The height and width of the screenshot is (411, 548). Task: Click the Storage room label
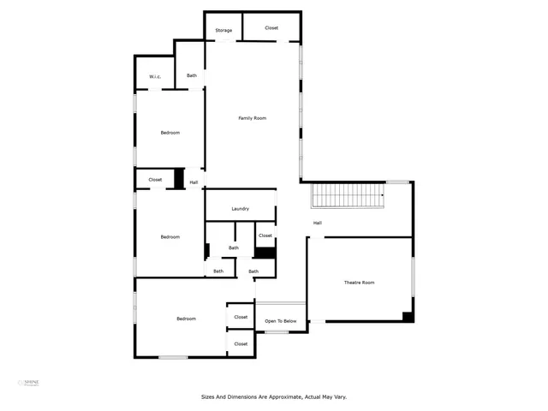[x=223, y=31]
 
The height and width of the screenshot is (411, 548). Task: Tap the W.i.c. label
[x=155, y=78]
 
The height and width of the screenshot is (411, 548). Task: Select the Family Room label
[x=252, y=117]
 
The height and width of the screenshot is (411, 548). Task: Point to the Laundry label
[x=240, y=209]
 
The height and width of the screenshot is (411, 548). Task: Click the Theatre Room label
[x=360, y=283]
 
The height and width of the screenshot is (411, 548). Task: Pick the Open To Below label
[x=281, y=321]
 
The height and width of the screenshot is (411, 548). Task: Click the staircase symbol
[x=346, y=196]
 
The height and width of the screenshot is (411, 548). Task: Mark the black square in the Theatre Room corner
[x=408, y=316]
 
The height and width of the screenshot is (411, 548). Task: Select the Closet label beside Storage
[x=271, y=28]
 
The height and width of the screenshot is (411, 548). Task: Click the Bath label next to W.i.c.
[x=192, y=75]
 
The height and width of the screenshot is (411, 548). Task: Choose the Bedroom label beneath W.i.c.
[x=170, y=132]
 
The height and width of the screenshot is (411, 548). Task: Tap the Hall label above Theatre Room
[x=317, y=223]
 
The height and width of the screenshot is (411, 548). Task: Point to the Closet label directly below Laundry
[x=265, y=235]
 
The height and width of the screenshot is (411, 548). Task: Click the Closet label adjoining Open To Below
[x=241, y=317]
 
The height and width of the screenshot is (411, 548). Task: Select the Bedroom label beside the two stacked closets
[x=186, y=319]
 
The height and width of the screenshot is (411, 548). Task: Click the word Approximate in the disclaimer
[x=283, y=396]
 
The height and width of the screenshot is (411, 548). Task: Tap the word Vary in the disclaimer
[x=340, y=396]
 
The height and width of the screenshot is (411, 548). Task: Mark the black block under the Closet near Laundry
[x=265, y=253]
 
